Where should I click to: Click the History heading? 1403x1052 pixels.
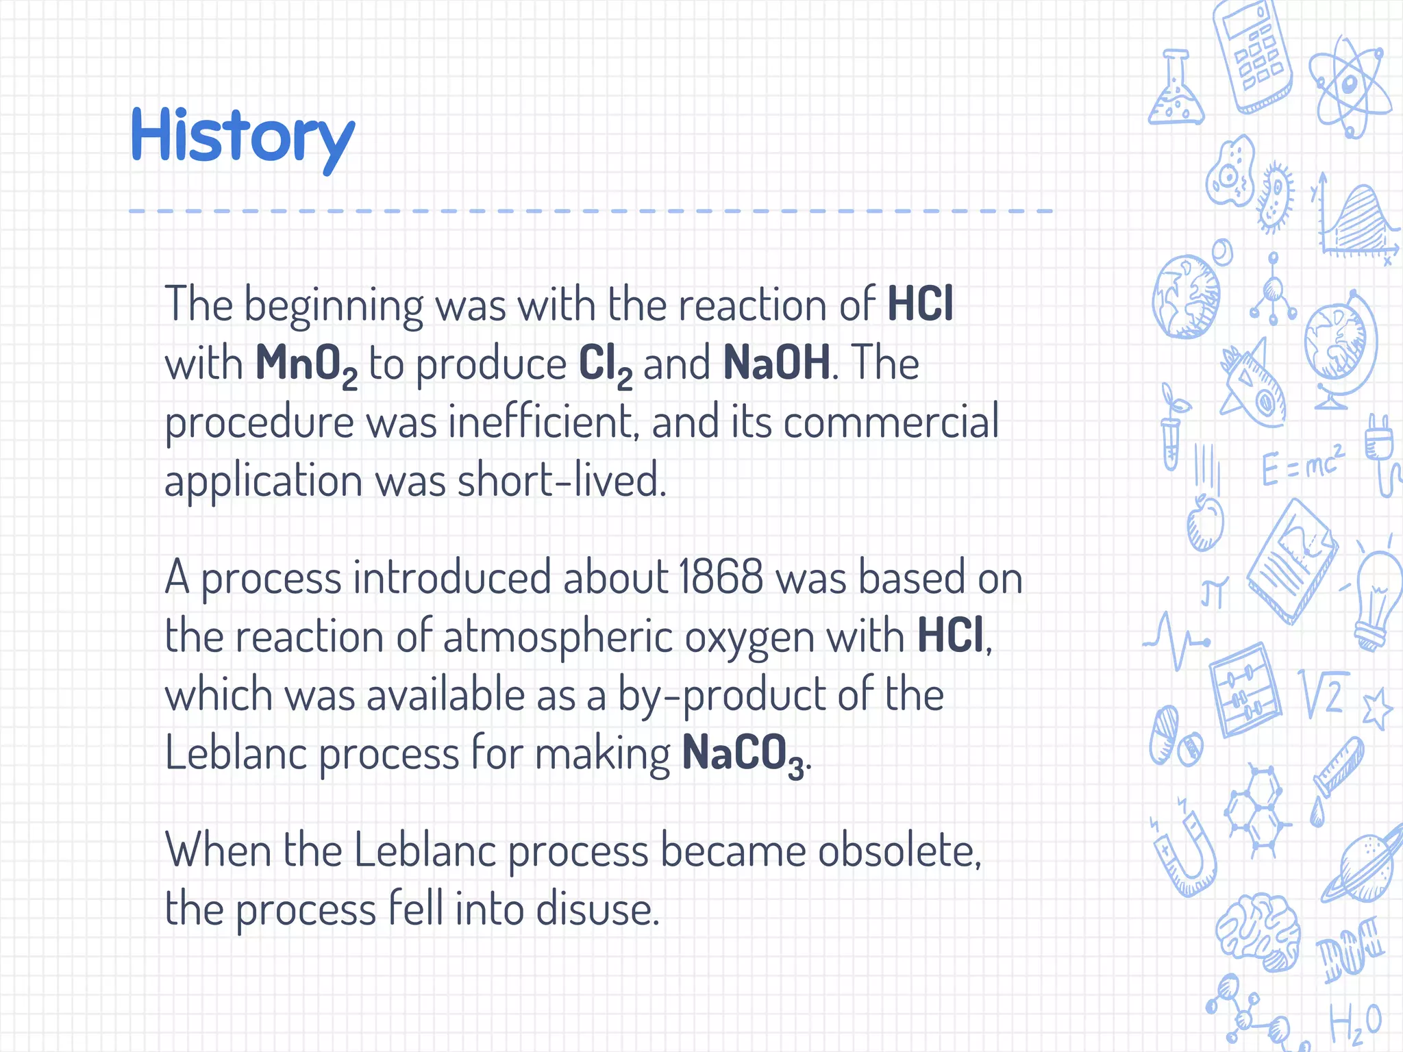(243, 137)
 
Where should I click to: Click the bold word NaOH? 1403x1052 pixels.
(777, 362)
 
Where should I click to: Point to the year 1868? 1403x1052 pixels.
(721, 577)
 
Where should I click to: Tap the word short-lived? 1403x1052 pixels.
(561, 480)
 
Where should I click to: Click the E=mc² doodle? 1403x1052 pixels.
(1302, 465)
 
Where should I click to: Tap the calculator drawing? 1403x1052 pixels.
(1252, 55)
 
